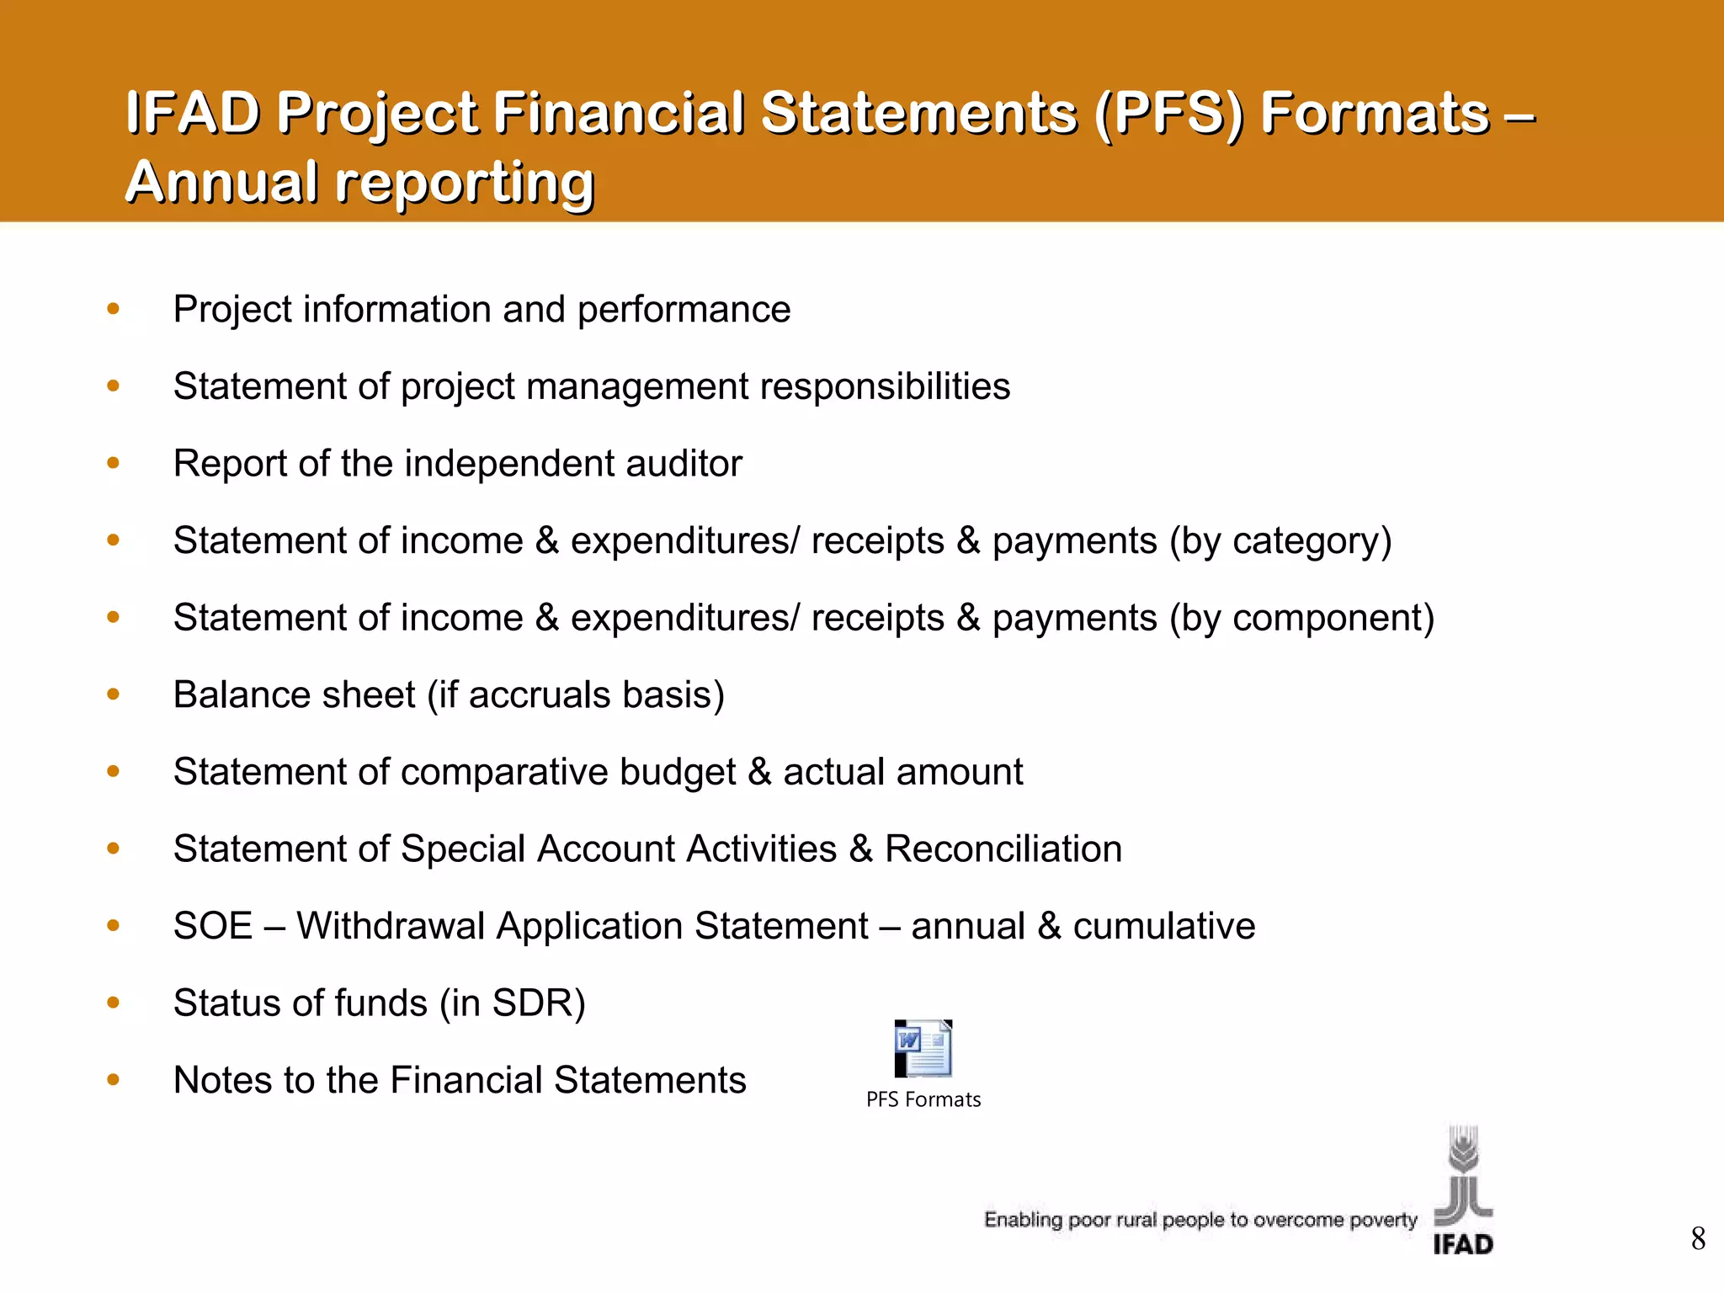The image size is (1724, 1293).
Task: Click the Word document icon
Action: pos(923,1049)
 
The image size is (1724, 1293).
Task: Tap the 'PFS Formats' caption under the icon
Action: pos(923,1099)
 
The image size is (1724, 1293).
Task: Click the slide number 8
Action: pos(1698,1238)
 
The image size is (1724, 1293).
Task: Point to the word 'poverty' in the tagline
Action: pos(1383,1220)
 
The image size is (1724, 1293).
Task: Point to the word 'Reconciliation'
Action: pos(1003,849)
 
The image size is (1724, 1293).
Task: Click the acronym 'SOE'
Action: pos(213,926)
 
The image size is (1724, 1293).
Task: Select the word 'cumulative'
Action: pos(1163,926)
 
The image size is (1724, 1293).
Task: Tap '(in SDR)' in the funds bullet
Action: pos(512,1003)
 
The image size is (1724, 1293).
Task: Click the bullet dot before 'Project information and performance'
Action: pos(114,309)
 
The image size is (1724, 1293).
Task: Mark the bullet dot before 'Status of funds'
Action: pos(114,1003)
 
